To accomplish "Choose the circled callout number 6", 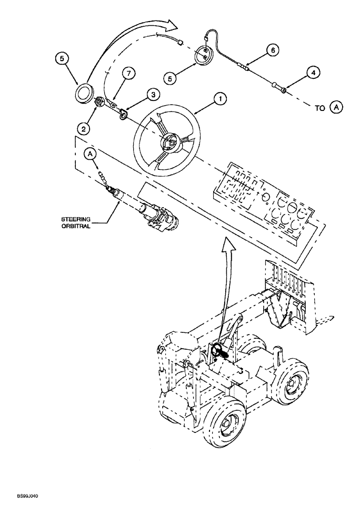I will click(x=272, y=50).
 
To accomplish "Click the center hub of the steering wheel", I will click(x=171, y=141).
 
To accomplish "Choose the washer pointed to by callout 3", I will click(x=124, y=113).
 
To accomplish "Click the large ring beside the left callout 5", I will click(x=83, y=95).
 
